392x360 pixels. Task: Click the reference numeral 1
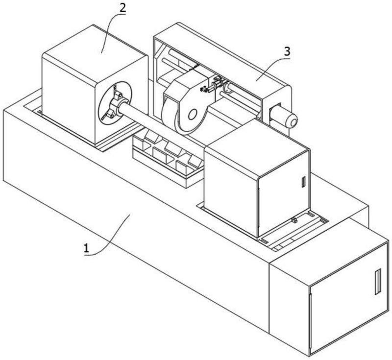click(x=87, y=248)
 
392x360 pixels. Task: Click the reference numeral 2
click(x=122, y=8)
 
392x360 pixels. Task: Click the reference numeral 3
click(x=287, y=51)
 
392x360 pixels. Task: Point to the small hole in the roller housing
click(x=193, y=115)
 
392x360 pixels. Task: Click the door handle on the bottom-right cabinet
click(x=377, y=282)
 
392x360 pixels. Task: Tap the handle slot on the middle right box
click(x=304, y=182)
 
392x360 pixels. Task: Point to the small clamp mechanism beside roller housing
click(x=213, y=85)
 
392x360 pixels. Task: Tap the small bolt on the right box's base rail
click(x=294, y=220)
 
